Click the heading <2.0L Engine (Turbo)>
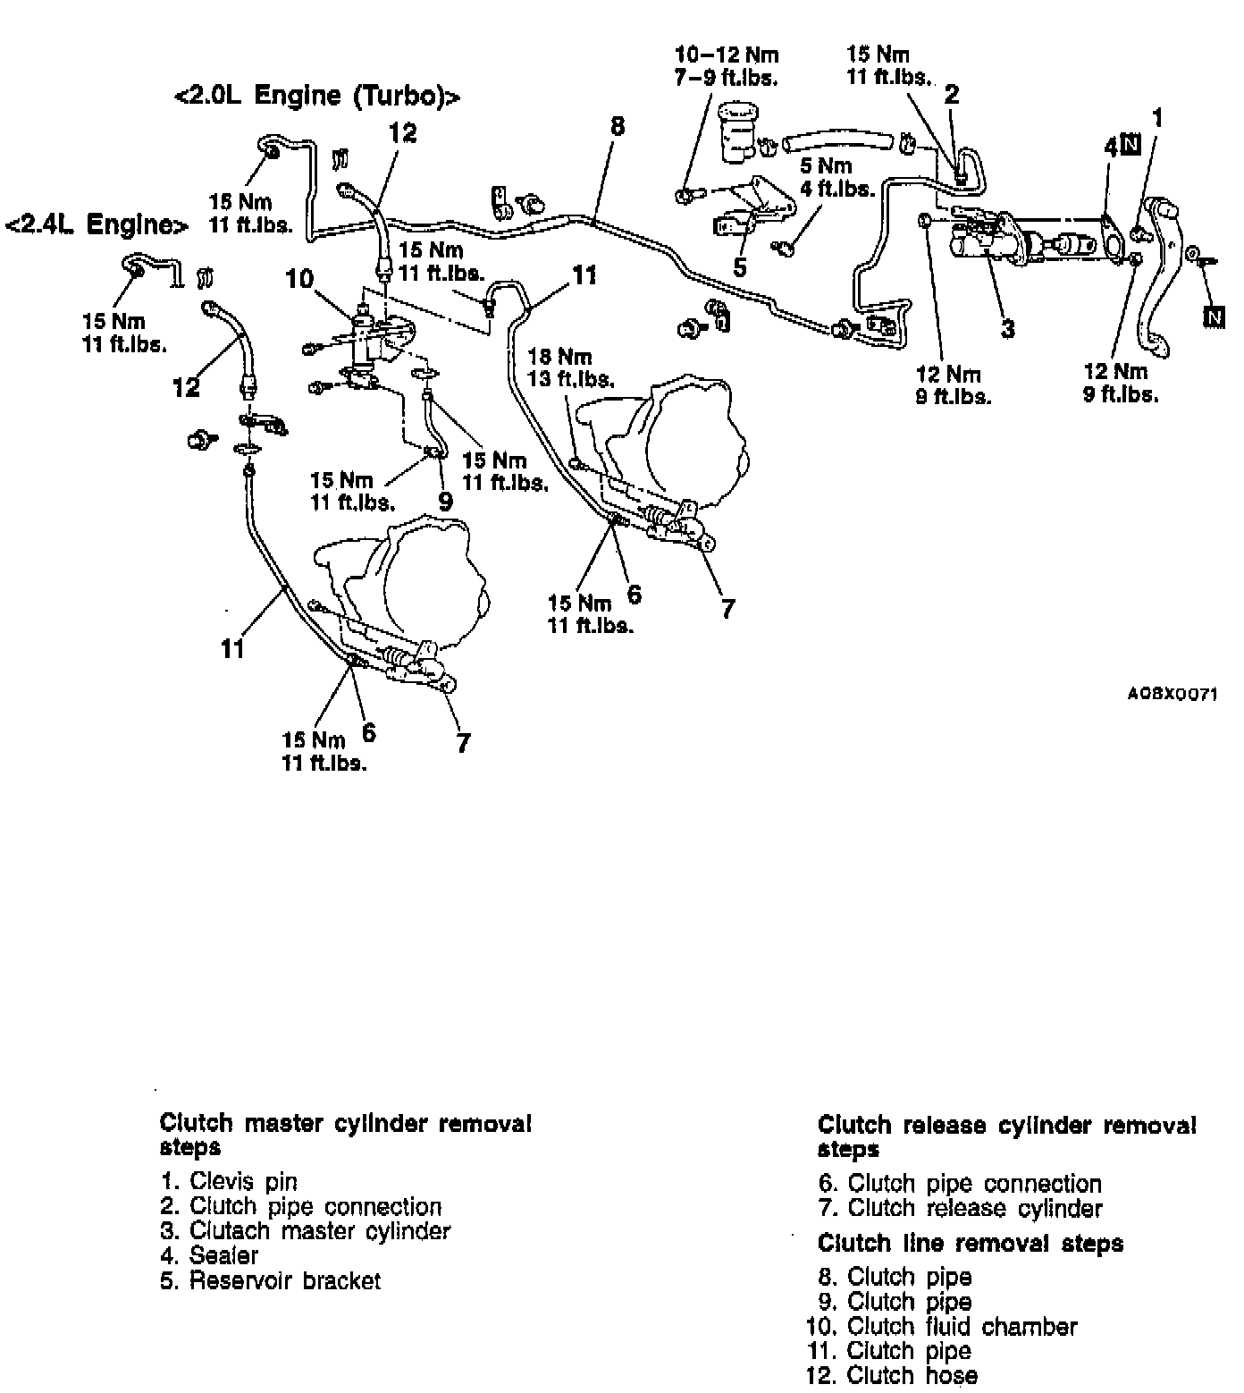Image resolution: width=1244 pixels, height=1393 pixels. [317, 96]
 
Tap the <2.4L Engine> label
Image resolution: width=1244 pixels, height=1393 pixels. [97, 224]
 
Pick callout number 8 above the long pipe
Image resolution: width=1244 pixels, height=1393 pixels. [617, 126]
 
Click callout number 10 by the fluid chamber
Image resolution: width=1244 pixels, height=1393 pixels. [299, 280]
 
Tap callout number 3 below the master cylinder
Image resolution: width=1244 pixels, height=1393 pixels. [1008, 328]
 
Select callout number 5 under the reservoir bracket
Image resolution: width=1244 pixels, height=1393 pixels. [740, 267]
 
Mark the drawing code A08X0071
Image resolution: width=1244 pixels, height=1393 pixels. [1172, 694]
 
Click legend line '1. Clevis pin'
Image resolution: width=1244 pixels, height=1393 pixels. [229, 1182]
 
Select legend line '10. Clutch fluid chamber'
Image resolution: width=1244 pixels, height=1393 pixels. [942, 1327]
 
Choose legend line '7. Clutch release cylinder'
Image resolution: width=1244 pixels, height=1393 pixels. [961, 1209]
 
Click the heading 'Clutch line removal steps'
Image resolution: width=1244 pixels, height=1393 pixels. [971, 1244]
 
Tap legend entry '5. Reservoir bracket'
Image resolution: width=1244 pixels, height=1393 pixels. [271, 1280]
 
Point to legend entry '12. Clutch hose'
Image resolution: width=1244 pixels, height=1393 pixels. [892, 1375]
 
